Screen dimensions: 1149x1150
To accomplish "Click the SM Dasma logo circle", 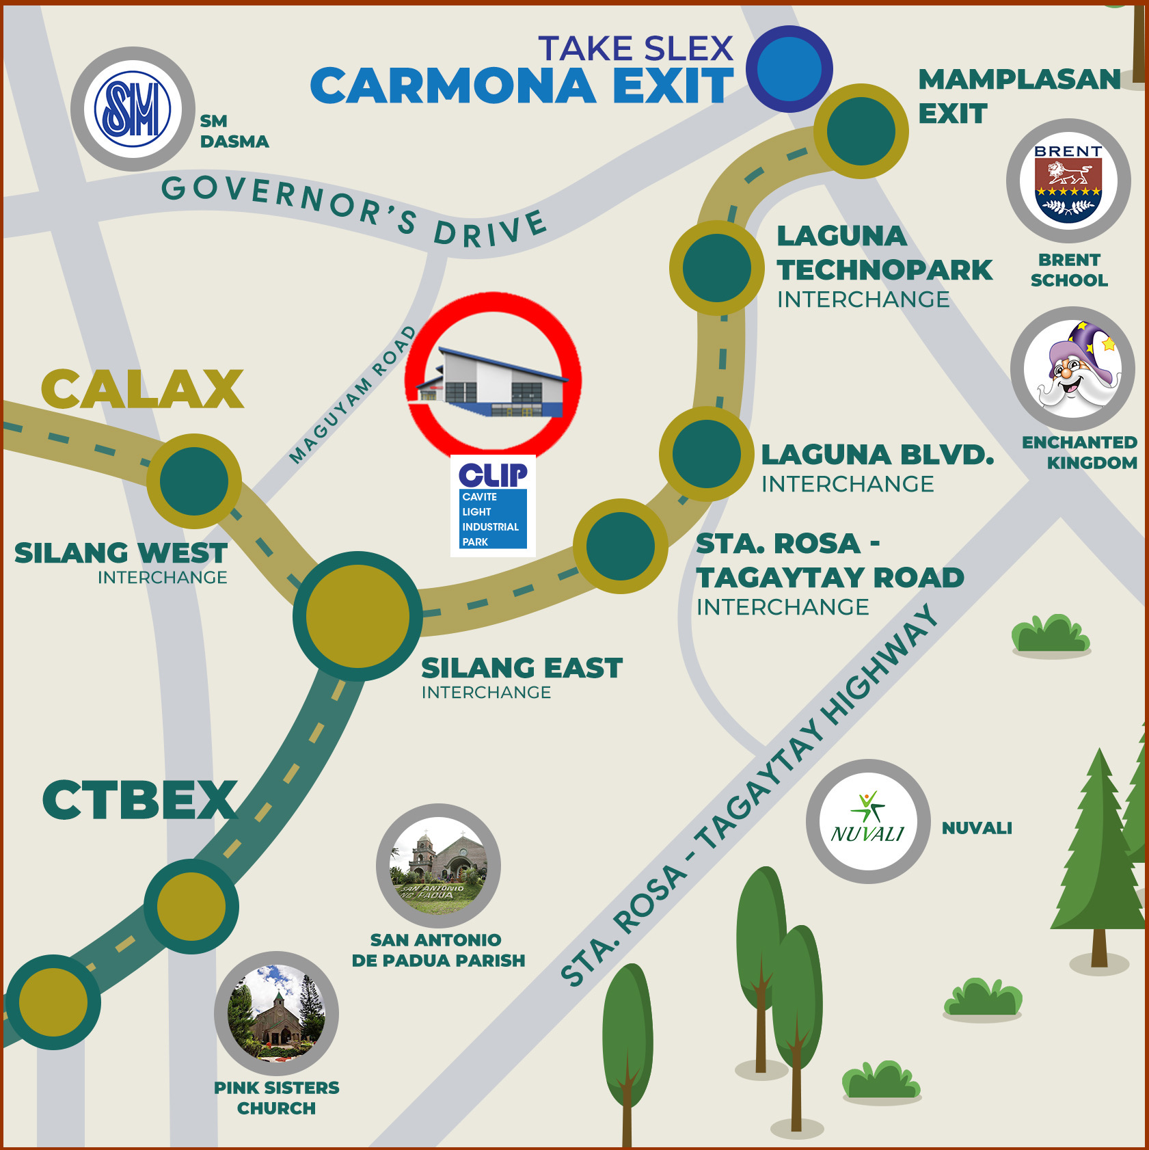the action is point(133,109).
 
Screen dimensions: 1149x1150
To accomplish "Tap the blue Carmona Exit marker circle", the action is point(789,69).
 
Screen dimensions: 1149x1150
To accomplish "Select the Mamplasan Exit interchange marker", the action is point(861,131).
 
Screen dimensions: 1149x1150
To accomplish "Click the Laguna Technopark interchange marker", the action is point(716,268).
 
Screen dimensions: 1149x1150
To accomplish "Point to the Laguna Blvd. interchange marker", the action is point(706,454).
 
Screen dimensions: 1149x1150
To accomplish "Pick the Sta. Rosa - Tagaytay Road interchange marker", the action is point(621,546).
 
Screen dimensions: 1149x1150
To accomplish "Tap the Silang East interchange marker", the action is point(357,616).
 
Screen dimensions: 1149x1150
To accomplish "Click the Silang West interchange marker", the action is point(194,481).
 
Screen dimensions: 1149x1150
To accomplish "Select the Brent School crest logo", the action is point(1068,181).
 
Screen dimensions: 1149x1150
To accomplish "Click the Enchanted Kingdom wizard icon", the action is point(1072,369).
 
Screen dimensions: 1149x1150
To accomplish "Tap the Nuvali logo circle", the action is point(868,821).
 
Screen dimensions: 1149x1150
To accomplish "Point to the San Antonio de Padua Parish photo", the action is point(438,866).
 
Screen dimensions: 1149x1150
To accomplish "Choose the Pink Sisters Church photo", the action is point(276,1013).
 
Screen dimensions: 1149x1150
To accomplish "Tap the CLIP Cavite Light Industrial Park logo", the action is point(493,505).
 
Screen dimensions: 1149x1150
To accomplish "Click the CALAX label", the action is point(142,390).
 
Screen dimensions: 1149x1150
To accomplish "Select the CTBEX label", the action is point(140,800).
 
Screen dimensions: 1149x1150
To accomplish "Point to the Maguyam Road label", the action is point(353,395).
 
